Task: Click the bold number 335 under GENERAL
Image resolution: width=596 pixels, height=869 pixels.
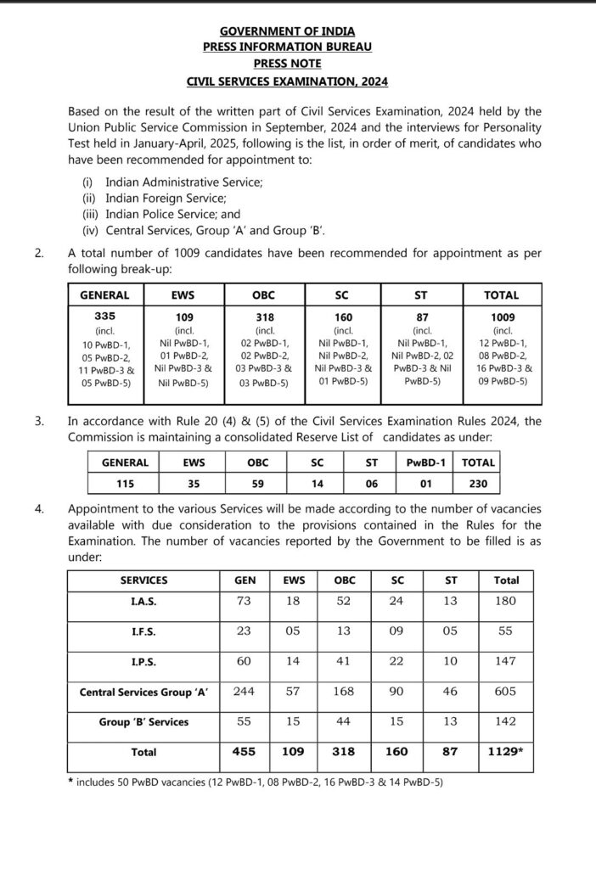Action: [104, 314]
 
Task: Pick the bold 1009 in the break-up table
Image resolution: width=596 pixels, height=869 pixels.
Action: [502, 314]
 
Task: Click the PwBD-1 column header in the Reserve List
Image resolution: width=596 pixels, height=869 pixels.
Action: [429, 463]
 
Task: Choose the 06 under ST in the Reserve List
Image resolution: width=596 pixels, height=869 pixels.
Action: [371, 483]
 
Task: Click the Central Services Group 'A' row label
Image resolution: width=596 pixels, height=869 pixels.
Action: [144, 692]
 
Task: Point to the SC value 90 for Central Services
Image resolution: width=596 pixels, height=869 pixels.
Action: [396, 692]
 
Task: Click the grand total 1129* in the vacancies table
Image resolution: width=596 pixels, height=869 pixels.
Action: [506, 751]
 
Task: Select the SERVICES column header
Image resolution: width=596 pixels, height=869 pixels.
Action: [143, 580]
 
